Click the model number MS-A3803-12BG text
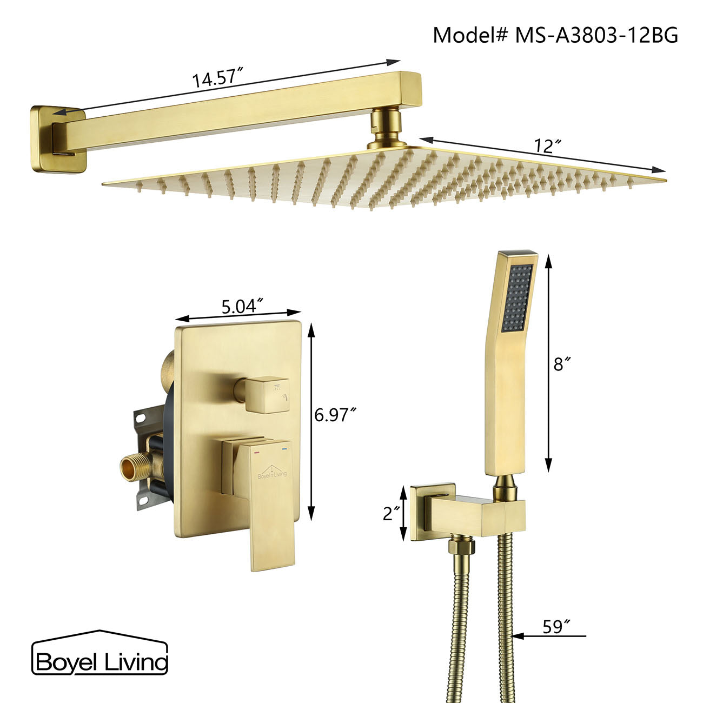555,35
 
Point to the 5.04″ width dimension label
242,307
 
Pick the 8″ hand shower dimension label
562,364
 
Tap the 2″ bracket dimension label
391,513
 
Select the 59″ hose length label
556,627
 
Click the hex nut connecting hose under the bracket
461,548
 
